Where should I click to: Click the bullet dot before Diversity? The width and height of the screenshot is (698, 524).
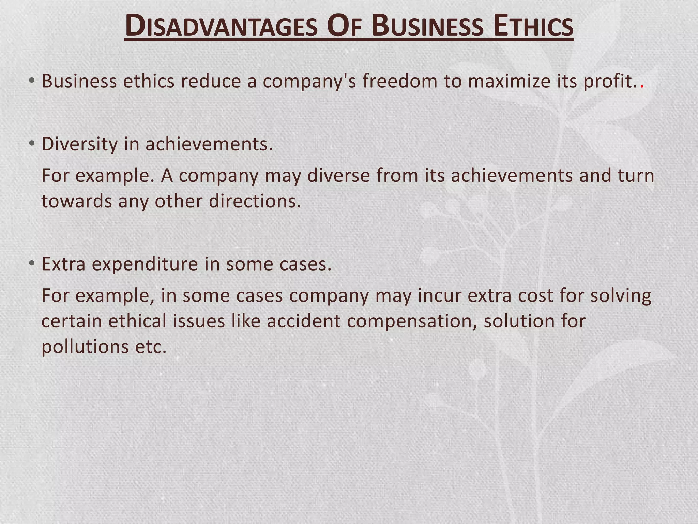[32, 143]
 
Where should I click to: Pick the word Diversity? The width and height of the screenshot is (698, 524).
[79, 144]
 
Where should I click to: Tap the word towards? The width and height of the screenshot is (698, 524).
[77, 201]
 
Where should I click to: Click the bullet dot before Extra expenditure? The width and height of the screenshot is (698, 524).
[32, 263]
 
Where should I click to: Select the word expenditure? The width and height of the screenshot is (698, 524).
[145, 264]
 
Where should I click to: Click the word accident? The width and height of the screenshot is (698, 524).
[304, 321]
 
